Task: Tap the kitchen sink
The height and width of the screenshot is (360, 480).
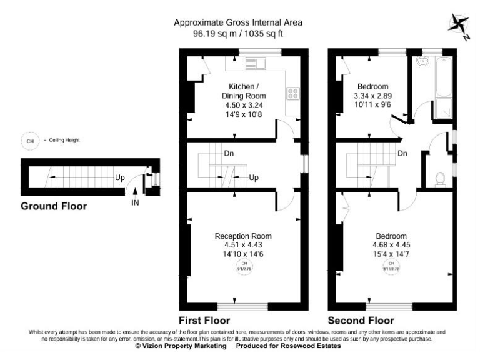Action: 256,62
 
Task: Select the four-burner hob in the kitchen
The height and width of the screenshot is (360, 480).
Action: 292,94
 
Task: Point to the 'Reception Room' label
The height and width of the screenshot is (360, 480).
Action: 243,236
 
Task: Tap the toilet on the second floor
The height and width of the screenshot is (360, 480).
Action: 440,179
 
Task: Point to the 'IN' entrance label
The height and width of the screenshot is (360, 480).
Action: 135,203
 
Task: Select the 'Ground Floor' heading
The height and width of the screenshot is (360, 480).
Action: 54,206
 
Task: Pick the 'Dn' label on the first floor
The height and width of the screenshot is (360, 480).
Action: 229,153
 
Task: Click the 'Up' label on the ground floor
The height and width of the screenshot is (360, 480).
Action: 119,177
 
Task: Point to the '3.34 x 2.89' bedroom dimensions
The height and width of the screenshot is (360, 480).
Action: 373,96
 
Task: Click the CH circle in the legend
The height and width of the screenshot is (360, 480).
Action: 29,141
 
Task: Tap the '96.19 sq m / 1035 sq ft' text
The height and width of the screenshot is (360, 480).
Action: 237,34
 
